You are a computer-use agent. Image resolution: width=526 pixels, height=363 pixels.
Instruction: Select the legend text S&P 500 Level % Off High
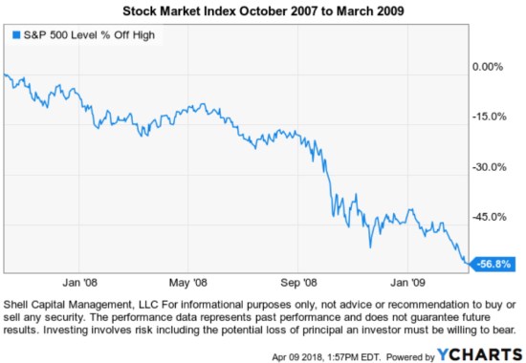pyautogui.click(x=84, y=35)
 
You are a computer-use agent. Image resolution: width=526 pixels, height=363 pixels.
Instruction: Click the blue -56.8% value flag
pyautogui.click(x=496, y=264)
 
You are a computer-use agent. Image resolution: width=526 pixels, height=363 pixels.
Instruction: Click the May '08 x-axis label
pyautogui.click(x=187, y=283)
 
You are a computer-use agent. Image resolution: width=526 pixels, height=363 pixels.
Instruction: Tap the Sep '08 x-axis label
pyautogui.click(x=298, y=283)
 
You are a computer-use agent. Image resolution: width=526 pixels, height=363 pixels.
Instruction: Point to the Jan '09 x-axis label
pyautogui.click(x=407, y=283)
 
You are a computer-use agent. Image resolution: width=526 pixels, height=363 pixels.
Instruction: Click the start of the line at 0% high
pyautogui.click(x=6, y=75)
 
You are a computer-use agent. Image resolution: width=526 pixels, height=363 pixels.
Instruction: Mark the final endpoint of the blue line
pyautogui.click(x=469, y=264)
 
